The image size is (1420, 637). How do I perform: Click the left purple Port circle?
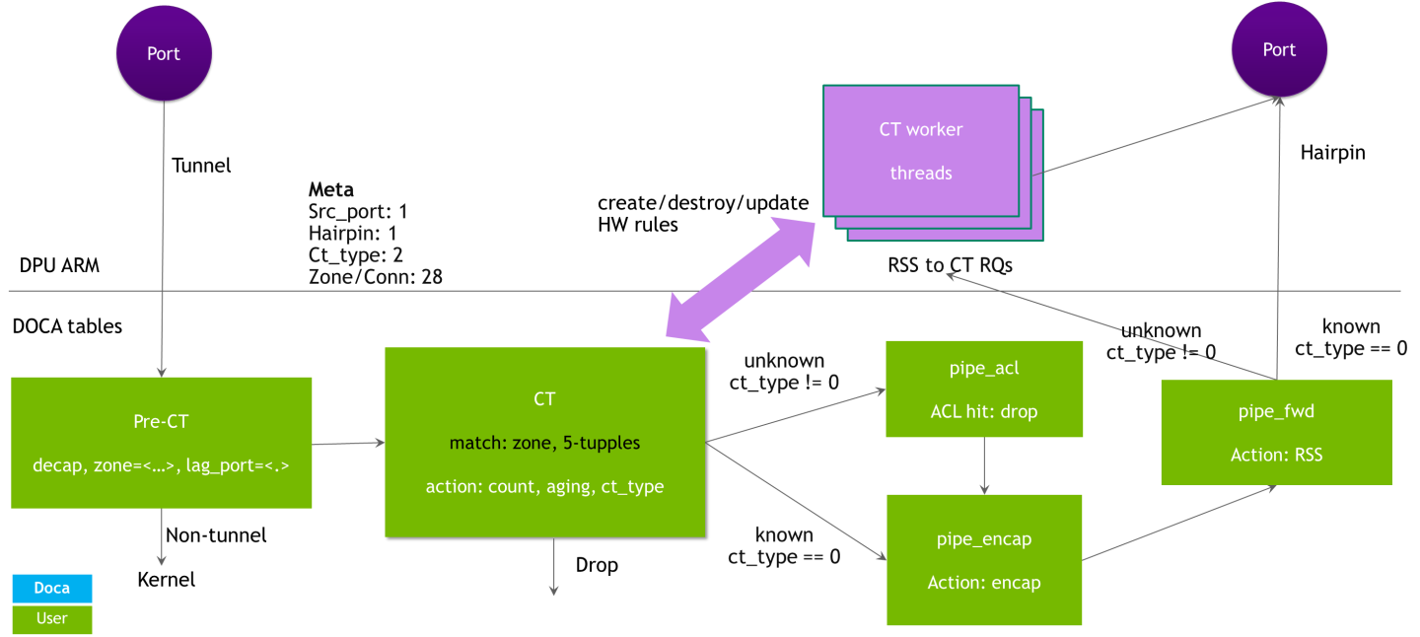point(164,53)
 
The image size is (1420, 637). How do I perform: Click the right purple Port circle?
point(1279,49)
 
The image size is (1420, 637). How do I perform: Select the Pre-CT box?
point(162,442)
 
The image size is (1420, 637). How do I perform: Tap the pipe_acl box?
point(984,389)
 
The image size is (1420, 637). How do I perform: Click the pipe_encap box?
point(984,559)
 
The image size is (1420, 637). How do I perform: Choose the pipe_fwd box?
point(1276,432)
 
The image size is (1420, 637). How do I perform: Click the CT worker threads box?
point(921,151)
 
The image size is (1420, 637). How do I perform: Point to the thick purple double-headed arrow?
point(741,277)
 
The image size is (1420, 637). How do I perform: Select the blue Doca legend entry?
point(52,588)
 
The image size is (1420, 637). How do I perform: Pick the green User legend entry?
point(52,618)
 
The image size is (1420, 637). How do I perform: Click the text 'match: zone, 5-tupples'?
point(544,443)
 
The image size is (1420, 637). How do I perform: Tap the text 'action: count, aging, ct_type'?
point(544,486)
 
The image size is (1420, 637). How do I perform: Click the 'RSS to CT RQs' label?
point(949,264)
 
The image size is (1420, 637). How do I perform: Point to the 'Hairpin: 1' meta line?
point(352,234)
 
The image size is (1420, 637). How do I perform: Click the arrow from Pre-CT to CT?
point(348,444)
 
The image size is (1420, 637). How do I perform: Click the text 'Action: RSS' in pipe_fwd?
point(1276,455)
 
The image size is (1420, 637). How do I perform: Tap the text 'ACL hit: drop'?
point(984,411)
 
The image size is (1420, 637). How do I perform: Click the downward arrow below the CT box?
point(553,567)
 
